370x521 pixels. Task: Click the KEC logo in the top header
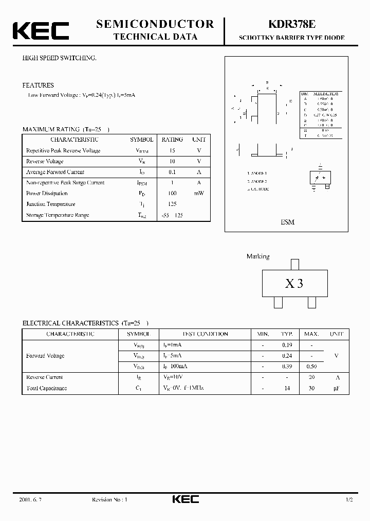click(41, 30)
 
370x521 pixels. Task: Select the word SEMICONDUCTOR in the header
click(155, 24)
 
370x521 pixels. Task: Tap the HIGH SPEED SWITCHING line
click(59, 58)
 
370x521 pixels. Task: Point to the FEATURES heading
click(38, 85)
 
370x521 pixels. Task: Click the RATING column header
click(172, 140)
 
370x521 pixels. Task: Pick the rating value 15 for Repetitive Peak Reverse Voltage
click(172, 151)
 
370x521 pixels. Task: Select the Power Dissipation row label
click(47, 194)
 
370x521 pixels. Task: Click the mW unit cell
click(199, 194)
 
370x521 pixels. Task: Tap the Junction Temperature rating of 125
click(172, 204)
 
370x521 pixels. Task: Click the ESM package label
click(287, 222)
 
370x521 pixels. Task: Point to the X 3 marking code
click(294, 284)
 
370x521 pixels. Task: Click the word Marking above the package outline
click(258, 256)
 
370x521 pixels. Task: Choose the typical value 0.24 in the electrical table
click(287, 356)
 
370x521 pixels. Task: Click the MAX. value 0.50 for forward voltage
click(311, 367)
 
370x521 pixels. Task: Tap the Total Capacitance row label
click(46, 388)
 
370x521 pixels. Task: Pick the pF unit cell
click(337, 388)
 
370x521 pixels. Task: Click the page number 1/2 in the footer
click(349, 500)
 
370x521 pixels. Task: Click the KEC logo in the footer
click(185, 499)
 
